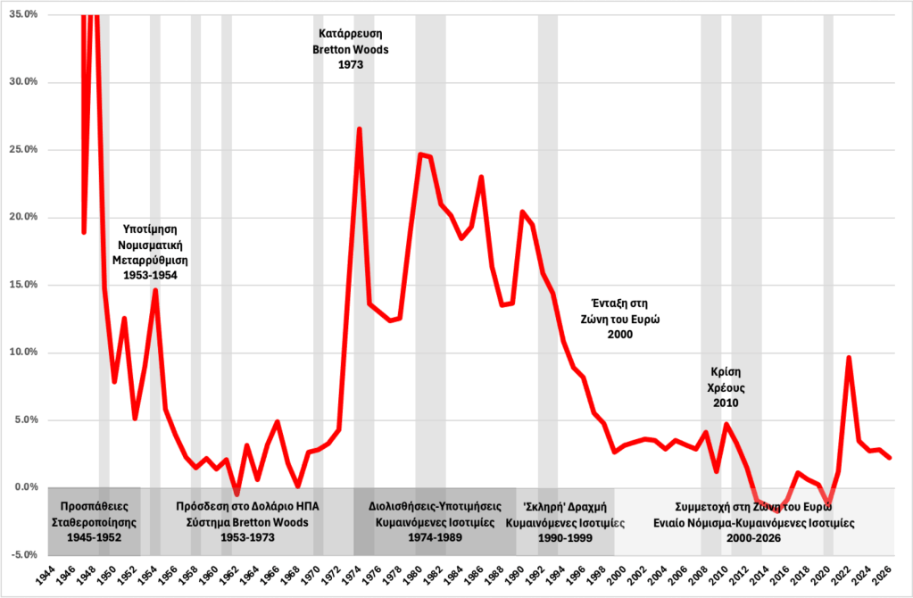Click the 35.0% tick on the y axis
tap(21, 15)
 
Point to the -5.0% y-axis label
tap(21, 554)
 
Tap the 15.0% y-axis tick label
tap(21, 285)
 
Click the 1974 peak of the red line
tap(359, 129)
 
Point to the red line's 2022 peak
tap(849, 358)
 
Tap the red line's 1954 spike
tap(155, 290)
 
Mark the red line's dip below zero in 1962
tap(237, 494)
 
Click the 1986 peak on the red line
tap(481, 177)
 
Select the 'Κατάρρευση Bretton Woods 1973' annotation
tap(351, 50)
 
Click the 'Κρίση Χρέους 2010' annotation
tap(726, 387)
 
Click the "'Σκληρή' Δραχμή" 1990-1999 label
tap(564, 521)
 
